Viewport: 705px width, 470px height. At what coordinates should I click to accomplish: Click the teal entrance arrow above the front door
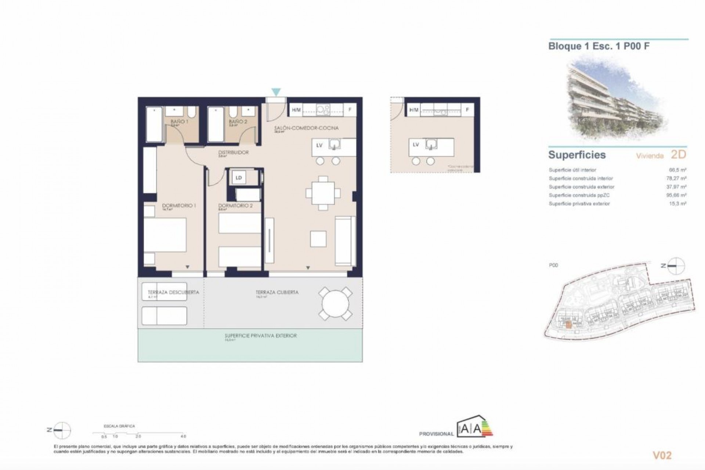click(276, 92)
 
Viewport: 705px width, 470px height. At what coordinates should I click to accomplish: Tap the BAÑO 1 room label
click(180, 121)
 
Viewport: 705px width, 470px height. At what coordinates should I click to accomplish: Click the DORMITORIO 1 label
click(179, 206)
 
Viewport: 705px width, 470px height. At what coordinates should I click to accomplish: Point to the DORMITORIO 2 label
click(235, 206)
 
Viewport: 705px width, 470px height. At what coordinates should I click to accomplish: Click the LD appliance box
click(239, 178)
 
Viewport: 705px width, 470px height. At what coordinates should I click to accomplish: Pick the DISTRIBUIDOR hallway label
click(234, 152)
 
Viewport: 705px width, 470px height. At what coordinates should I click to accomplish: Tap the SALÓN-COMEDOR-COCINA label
click(306, 128)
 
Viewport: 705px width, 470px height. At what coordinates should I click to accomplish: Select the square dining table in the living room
click(323, 193)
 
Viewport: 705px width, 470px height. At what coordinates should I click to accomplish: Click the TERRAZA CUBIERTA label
click(277, 292)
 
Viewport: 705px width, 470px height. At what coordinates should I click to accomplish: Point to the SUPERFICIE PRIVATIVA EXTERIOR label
click(261, 336)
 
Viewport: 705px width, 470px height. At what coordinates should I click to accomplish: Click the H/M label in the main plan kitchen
click(296, 110)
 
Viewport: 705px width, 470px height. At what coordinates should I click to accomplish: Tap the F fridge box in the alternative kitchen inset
click(467, 110)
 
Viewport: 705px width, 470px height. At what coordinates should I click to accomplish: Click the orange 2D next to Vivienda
click(678, 155)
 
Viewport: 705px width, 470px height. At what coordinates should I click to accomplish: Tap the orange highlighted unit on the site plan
click(568, 324)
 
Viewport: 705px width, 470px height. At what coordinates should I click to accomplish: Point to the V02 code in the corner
click(662, 455)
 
